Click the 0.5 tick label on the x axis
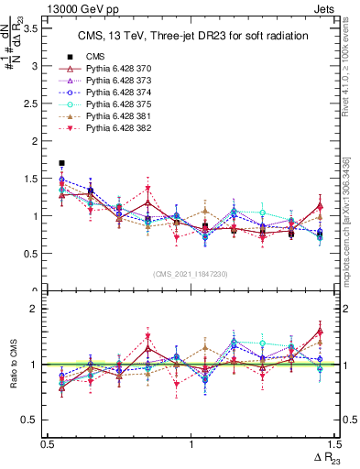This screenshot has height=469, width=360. (x=48, y=443)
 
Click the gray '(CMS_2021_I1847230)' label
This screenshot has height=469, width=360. (x=191, y=275)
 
